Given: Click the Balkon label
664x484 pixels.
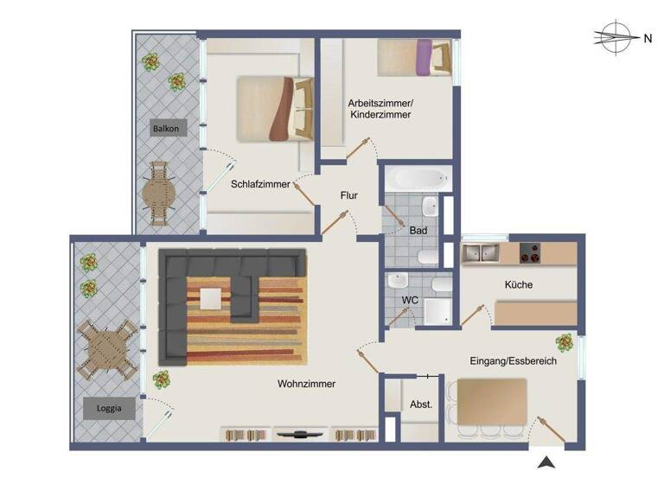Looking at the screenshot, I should click(x=165, y=129).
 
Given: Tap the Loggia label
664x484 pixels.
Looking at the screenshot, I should click(x=109, y=407).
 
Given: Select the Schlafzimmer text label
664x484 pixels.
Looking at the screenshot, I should click(x=260, y=184).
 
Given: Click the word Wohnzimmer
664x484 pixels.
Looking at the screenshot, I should click(x=306, y=384).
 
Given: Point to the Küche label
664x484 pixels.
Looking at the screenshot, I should click(x=519, y=284).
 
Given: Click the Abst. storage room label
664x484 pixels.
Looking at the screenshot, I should click(x=421, y=404).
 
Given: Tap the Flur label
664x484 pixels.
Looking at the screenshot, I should click(x=348, y=195).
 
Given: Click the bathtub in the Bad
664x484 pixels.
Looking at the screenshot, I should click(x=417, y=180).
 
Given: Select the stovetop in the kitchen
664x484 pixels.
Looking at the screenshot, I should click(x=529, y=252).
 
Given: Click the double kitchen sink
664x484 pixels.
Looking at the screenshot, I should click(x=483, y=252).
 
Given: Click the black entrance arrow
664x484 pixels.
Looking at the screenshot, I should click(x=545, y=462).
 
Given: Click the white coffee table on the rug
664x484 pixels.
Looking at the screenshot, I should click(x=212, y=298).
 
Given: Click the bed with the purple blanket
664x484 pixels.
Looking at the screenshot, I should click(x=414, y=57).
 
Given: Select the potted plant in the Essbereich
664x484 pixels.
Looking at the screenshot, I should click(x=564, y=342).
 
